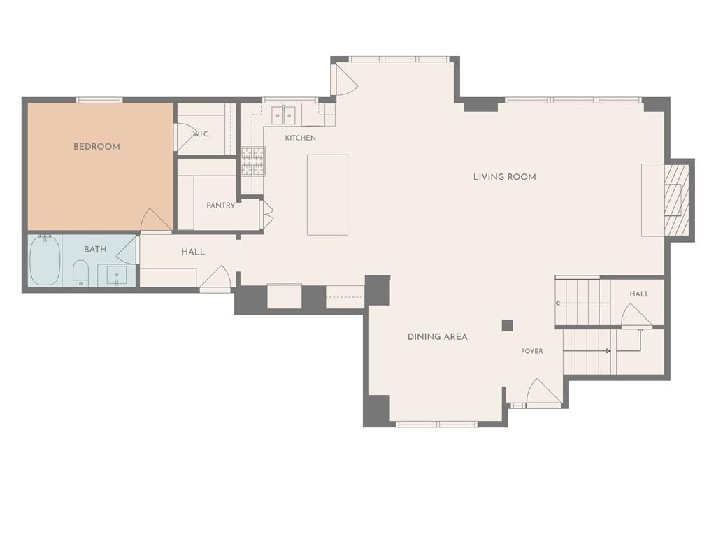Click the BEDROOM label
(x=96, y=147)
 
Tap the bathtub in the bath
(x=45, y=260)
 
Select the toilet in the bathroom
(x=81, y=273)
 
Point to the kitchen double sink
(x=284, y=115)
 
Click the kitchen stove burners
(x=253, y=162)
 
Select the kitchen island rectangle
(x=327, y=194)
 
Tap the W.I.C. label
(x=201, y=134)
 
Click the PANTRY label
(x=220, y=206)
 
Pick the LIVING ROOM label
(x=505, y=177)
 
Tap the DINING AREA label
(x=438, y=337)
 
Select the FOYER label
(x=532, y=351)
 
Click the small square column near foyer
(x=508, y=325)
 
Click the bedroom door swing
(x=156, y=221)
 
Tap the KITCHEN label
(x=301, y=138)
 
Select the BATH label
(x=95, y=250)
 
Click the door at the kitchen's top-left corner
(x=346, y=80)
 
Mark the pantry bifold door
(x=267, y=215)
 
